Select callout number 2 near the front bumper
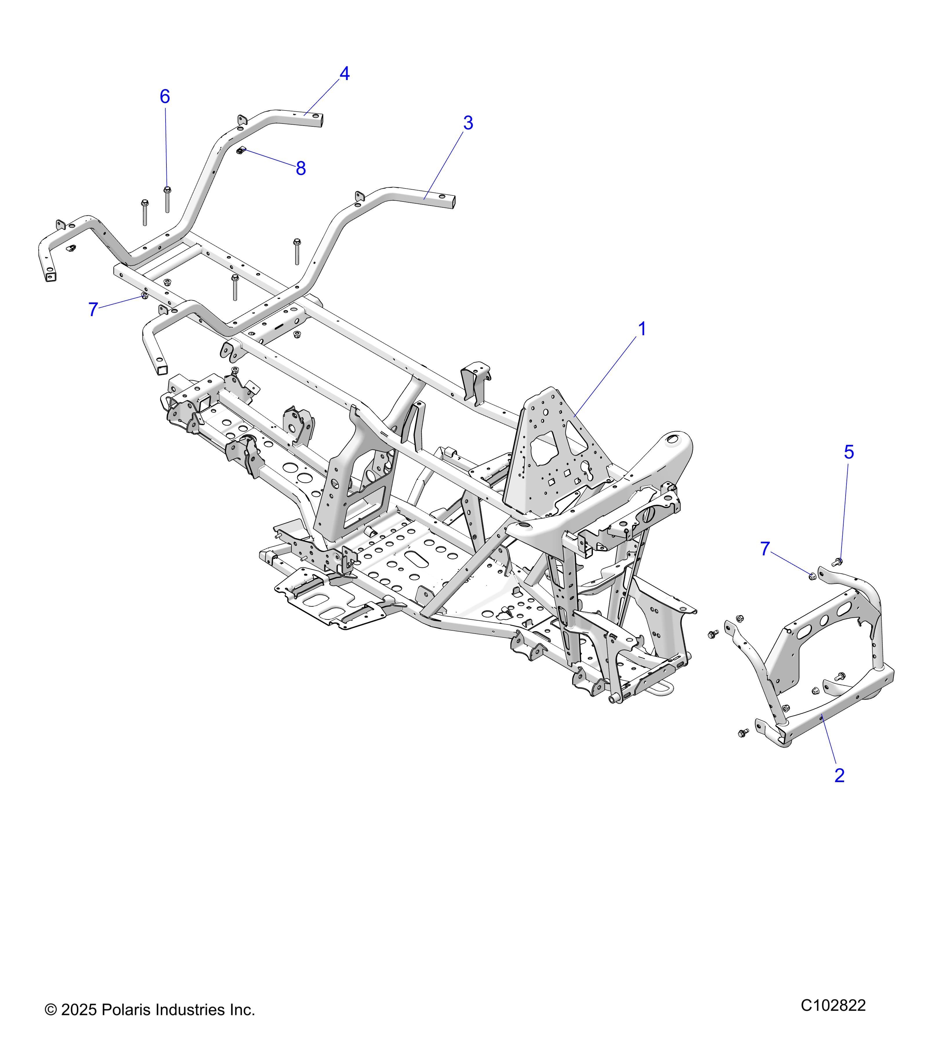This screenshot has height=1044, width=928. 839,775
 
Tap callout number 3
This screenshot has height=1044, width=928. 468,123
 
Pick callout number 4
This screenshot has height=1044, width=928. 345,74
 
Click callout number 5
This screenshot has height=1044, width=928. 848,452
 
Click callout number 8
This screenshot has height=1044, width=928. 301,168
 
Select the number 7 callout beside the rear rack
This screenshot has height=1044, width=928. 93,309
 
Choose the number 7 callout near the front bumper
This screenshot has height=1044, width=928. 764,549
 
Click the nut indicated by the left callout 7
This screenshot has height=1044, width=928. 144,296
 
